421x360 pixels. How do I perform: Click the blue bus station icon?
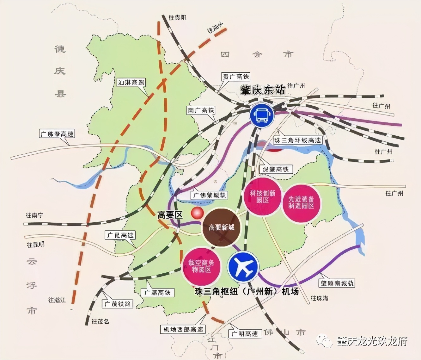262,115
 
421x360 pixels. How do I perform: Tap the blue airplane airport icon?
243,267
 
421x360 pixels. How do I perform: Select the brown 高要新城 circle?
221,227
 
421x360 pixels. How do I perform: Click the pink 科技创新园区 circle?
263,196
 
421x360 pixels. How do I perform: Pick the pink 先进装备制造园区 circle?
301,202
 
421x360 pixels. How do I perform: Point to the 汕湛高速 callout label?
131,83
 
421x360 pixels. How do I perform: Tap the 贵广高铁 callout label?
236,77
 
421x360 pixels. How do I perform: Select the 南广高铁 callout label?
201,110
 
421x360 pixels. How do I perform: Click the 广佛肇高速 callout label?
57,134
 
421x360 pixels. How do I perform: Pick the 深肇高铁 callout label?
276,169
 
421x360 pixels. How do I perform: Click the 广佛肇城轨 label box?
210,195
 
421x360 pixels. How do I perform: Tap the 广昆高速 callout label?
120,235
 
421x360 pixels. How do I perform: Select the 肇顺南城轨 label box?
337,283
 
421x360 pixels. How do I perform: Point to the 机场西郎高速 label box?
183,329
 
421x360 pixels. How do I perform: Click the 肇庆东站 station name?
263,90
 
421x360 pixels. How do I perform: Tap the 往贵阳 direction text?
177,18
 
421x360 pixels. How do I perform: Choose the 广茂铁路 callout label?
118,304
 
